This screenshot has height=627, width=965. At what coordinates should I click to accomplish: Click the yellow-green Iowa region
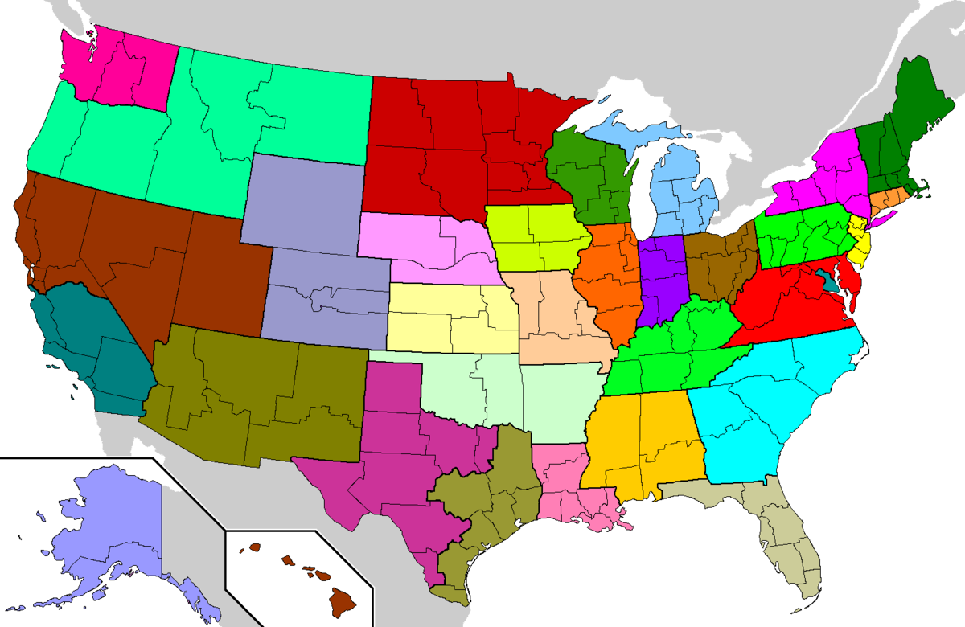click(539, 237)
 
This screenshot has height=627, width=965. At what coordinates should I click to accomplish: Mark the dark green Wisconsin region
click(587, 181)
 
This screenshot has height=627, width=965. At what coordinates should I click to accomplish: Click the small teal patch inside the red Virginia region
click(829, 283)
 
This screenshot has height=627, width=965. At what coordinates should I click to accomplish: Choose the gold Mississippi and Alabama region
click(643, 442)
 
